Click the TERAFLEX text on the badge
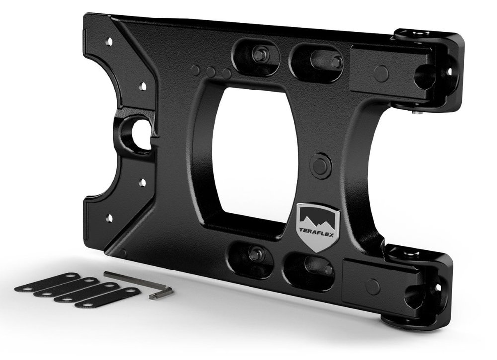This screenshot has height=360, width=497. (317, 230)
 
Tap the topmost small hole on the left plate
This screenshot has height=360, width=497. (110, 41)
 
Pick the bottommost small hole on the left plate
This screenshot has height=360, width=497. (110, 218)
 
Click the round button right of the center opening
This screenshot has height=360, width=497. (320, 164)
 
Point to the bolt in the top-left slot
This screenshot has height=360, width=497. (258, 54)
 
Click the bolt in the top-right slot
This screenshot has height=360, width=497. (336, 61)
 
